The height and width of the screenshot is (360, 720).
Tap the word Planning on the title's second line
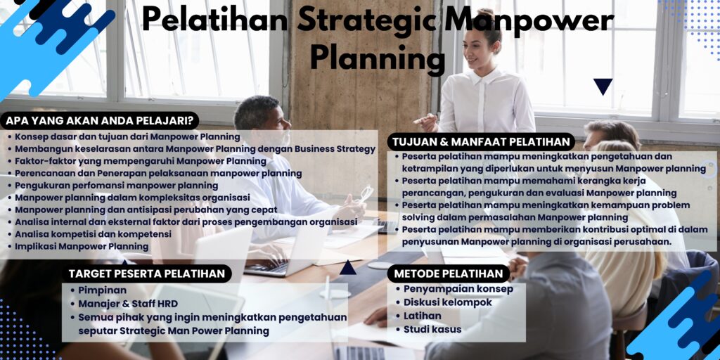pos(377,58)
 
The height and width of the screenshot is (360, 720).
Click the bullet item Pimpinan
pos(103,290)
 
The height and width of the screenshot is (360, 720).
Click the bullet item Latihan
pos(423,316)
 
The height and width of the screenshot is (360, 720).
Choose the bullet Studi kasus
pos(432,329)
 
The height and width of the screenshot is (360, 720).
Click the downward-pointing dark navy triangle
pos(603,86)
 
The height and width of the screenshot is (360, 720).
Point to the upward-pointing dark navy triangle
pos(347,267)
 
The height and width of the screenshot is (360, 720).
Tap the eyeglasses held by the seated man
pos(366,193)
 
